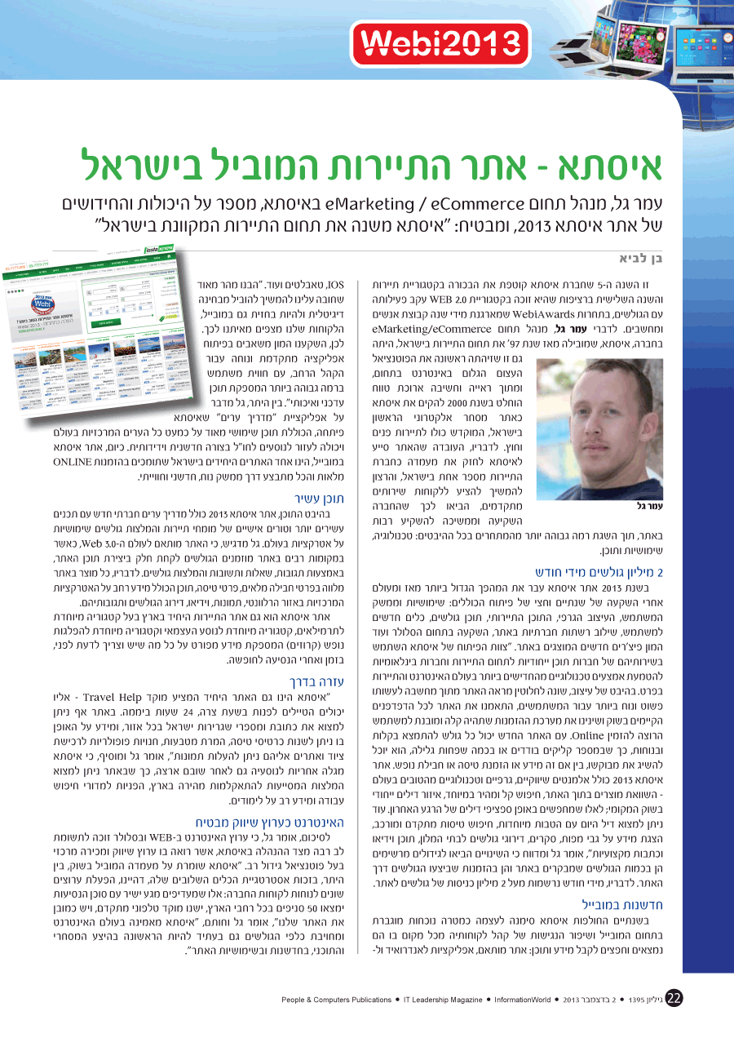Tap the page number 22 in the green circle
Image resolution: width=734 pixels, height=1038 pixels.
(x=674, y=999)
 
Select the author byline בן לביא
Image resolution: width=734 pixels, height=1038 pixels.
(x=640, y=258)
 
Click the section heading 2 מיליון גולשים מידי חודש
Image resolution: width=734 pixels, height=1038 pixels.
(x=599, y=571)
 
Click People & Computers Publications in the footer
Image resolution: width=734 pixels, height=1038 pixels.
(x=337, y=999)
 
